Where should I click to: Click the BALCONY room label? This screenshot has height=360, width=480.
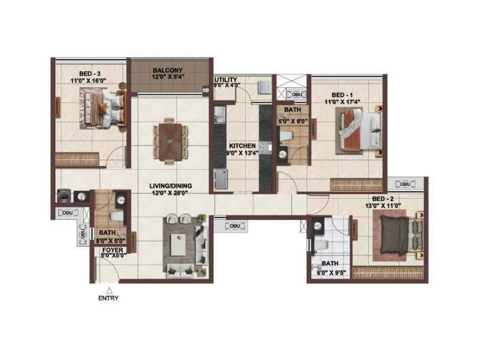[x=168, y=70]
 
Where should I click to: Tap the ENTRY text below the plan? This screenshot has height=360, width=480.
[x=108, y=298]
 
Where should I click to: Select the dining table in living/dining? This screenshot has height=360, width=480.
[x=170, y=140]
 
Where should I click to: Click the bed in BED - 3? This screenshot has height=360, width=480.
[x=104, y=108]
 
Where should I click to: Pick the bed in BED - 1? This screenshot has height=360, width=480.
[x=360, y=130]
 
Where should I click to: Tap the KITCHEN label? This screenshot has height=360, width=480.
[x=242, y=146]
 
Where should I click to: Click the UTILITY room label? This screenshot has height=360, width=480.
[x=226, y=80]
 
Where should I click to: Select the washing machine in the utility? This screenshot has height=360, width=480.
[x=264, y=88]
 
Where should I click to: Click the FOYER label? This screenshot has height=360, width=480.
[x=112, y=250]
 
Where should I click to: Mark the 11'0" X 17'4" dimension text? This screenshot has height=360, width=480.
[x=342, y=102]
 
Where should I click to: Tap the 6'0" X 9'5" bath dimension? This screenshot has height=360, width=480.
[x=331, y=273]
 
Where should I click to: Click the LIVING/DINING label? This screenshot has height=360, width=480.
[x=170, y=186]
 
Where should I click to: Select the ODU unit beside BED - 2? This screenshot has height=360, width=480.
[x=405, y=184]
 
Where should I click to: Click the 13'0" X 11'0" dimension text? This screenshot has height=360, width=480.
[x=383, y=205]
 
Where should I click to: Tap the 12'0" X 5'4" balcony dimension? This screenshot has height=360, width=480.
[x=168, y=77]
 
